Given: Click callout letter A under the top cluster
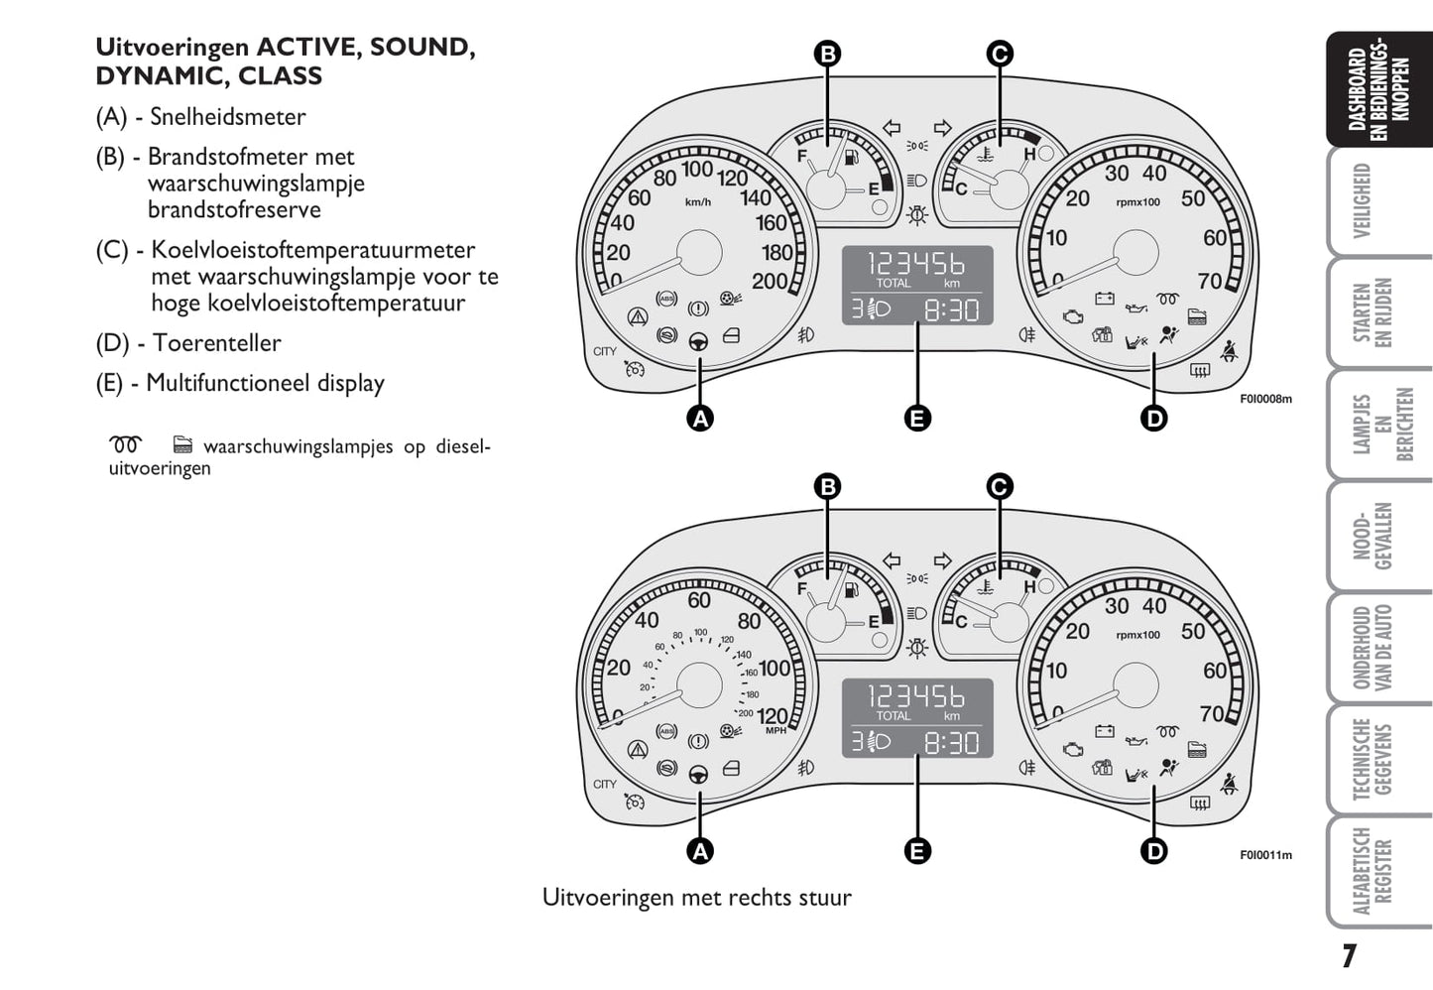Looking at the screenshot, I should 700,419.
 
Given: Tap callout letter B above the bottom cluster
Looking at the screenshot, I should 827,486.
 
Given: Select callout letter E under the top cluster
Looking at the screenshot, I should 917,419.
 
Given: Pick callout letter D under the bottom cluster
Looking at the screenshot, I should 1154,851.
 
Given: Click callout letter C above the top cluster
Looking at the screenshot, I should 1000,54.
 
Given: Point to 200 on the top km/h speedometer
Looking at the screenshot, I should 769,282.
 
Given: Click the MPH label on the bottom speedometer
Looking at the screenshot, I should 776,731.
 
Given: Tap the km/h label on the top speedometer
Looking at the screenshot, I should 698,202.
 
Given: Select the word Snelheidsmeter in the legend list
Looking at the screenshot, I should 227,117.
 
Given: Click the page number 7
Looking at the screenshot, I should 1349,956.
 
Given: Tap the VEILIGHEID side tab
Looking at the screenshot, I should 1364,201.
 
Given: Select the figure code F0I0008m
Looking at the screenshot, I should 1265,400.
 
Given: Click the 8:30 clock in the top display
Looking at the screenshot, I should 951,310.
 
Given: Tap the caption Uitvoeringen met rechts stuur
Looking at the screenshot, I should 696,898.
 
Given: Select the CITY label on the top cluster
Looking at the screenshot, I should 605,351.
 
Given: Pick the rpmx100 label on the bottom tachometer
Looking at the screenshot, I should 1137,635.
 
